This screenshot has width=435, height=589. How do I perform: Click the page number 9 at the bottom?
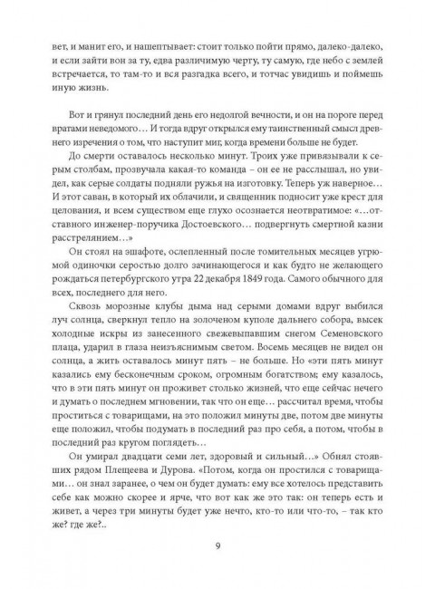(217, 544)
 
